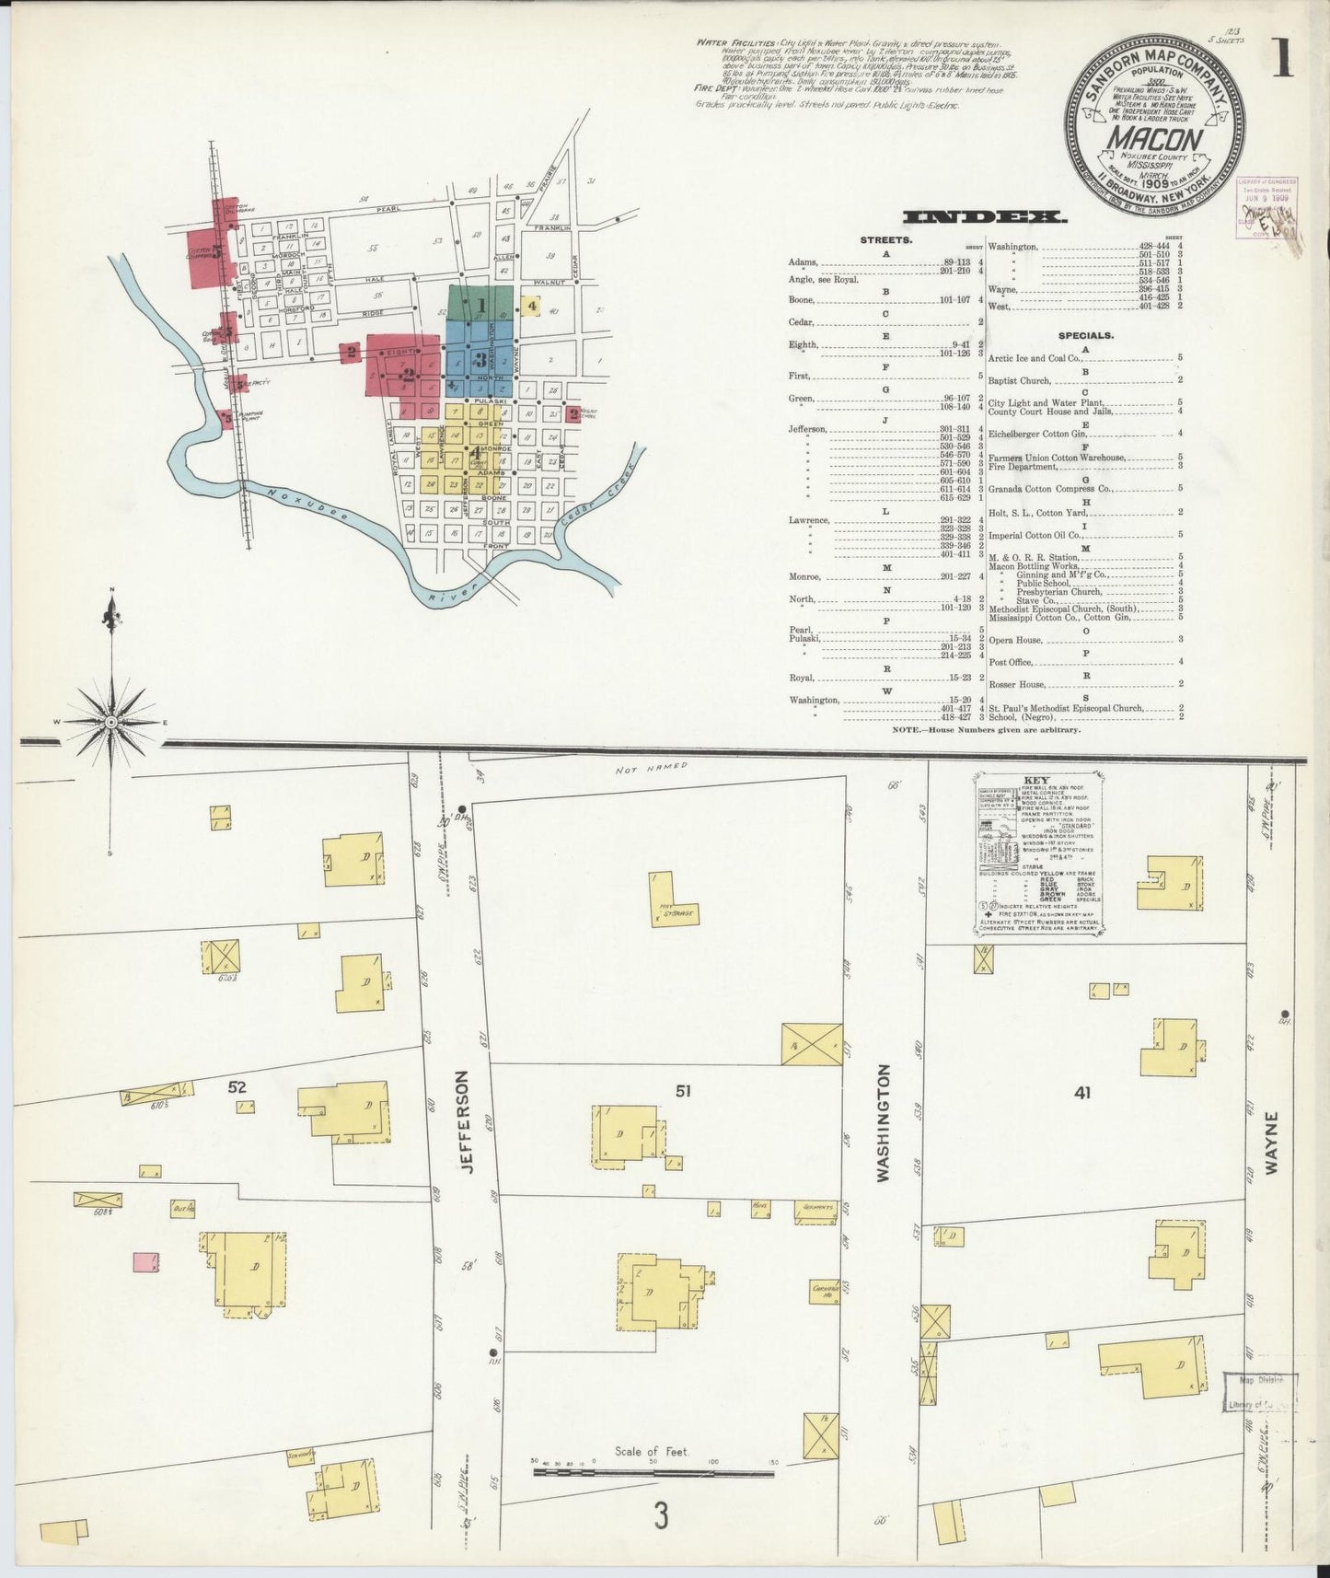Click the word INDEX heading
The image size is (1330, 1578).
click(x=984, y=217)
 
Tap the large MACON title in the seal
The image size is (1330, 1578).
click(x=1156, y=140)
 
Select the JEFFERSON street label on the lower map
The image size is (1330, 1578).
click(x=464, y=1120)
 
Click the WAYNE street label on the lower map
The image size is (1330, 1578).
click(x=1272, y=1142)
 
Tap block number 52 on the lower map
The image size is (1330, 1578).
click(x=237, y=1087)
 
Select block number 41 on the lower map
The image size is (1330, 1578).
click(x=1082, y=1093)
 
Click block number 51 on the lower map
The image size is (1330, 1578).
click(x=682, y=1091)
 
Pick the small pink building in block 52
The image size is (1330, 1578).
click(x=145, y=1262)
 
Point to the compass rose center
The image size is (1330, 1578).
click(x=111, y=722)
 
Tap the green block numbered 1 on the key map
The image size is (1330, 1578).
click(x=480, y=303)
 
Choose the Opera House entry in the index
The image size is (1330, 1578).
click(x=1015, y=640)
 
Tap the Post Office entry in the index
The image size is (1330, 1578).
click(x=1011, y=662)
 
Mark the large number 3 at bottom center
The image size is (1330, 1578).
click(x=660, y=1515)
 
